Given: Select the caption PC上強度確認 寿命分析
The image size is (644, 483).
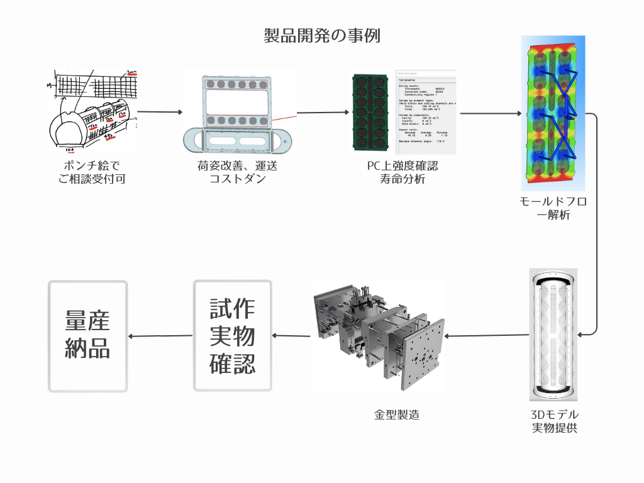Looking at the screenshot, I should click(x=402, y=172).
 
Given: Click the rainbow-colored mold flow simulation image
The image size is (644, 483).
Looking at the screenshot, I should click(x=553, y=113).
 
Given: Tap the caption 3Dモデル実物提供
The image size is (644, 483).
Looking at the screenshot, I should click(x=554, y=421).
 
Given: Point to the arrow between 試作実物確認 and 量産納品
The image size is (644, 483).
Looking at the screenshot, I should click(x=160, y=335).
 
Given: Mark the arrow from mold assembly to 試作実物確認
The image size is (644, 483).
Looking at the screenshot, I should click(x=292, y=335).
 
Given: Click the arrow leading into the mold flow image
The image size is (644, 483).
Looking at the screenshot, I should click(x=491, y=114).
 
